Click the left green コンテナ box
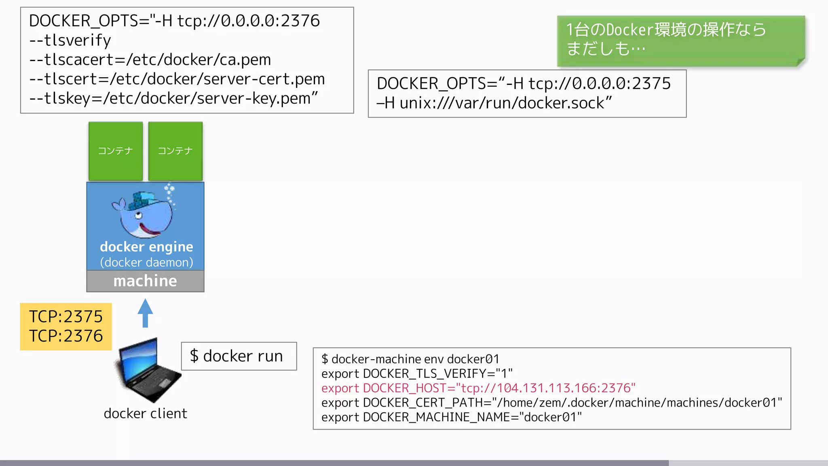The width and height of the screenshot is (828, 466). (116, 151)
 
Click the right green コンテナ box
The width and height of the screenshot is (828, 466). (175, 151)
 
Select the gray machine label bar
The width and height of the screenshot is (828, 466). (145, 281)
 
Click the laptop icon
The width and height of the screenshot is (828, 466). (148, 370)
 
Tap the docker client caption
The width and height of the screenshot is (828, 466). (145, 413)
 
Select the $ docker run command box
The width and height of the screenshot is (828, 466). (239, 356)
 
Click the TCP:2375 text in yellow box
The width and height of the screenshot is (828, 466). (66, 316)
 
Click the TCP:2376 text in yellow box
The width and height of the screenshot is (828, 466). (66, 336)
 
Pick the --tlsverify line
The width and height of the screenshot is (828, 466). (70, 40)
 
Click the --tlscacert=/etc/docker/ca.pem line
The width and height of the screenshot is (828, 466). (150, 59)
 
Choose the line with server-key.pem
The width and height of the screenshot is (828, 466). (173, 98)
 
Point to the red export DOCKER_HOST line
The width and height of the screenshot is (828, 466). (478, 388)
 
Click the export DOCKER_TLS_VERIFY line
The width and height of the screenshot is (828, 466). (417, 373)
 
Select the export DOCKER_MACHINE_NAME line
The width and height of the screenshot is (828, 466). (452, 417)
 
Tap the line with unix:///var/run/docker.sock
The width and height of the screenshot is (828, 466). (494, 103)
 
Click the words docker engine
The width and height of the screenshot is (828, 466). (146, 247)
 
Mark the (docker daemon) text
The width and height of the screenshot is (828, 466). (146, 263)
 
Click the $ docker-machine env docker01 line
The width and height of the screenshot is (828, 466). (410, 359)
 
